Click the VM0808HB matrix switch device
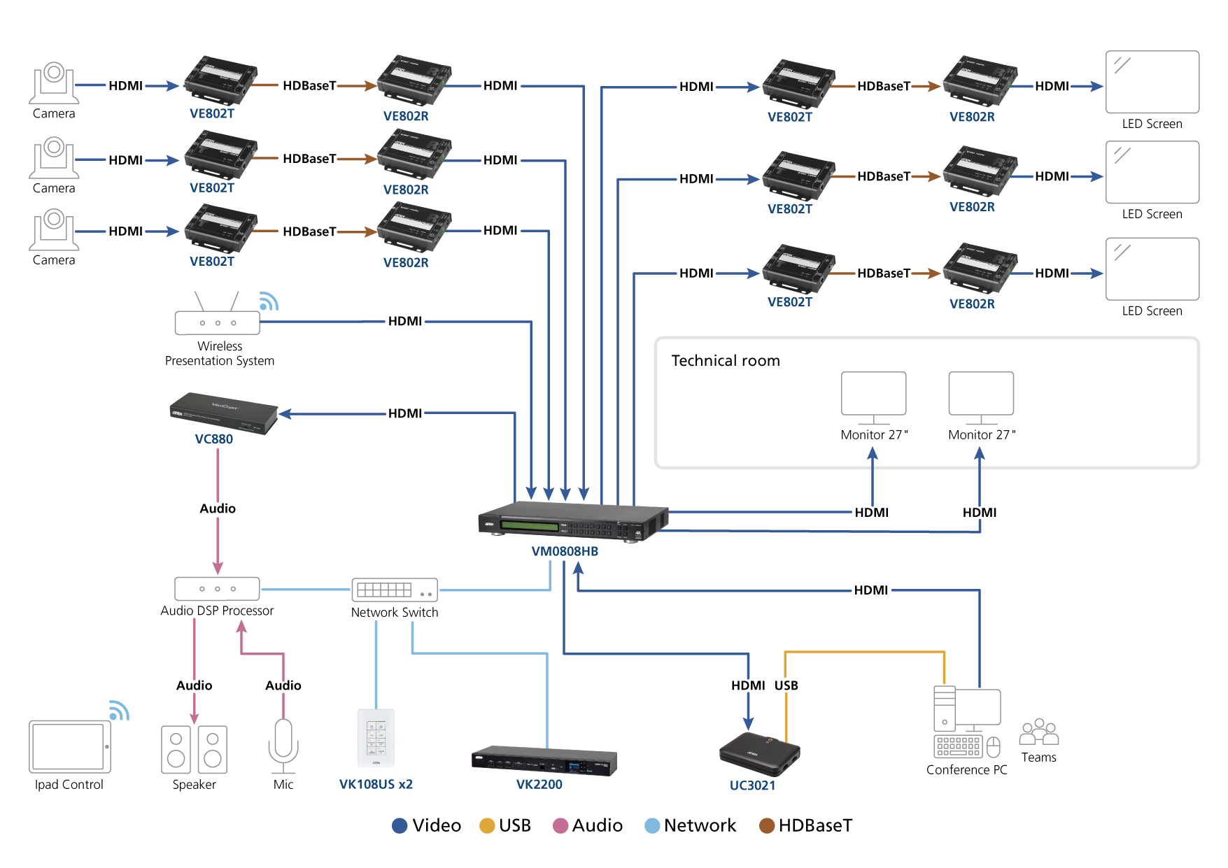[572, 521]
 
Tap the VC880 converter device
[223, 413]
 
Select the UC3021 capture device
[759, 754]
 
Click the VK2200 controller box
[544, 761]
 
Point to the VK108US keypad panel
[376, 738]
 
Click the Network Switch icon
[395, 590]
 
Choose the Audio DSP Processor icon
[217, 588]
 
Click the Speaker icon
[195, 749]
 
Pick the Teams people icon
[1039, 732]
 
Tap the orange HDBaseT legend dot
[767, 826]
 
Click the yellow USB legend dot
[487, 826]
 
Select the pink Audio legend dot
[560, 826]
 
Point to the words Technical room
[726, 361]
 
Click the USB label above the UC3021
[786, 685]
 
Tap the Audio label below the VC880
[218, 508]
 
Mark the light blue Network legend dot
[652, 826]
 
